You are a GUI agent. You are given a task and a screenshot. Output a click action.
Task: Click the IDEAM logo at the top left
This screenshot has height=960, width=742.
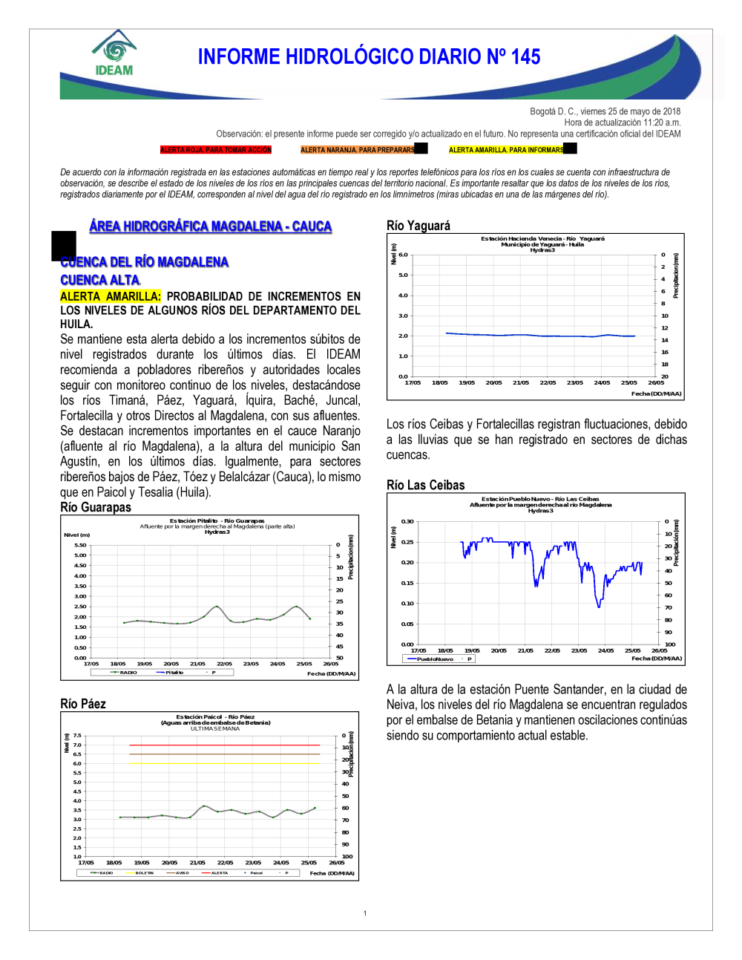coord(114,53)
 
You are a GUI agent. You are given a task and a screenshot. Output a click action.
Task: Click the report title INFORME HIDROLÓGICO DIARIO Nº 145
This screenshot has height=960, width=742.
coord(369,57)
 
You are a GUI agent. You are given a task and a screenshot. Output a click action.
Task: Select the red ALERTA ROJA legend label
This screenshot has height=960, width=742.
coord(216,150)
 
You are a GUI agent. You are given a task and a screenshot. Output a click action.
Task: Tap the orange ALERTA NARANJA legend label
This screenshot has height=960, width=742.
coord(358,150)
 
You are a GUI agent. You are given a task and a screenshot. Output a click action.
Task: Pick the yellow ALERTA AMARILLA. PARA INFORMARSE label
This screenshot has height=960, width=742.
coord(506,150)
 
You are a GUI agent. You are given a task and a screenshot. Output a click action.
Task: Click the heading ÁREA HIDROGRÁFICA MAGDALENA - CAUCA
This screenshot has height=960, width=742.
coord(210,226)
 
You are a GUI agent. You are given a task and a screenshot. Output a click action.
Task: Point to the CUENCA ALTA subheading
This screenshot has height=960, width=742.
coord(100,280)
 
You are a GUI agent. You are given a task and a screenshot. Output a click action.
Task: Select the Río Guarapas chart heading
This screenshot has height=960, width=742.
coord(96,507)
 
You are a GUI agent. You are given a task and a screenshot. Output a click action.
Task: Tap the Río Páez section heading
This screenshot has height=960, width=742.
coord(83,704)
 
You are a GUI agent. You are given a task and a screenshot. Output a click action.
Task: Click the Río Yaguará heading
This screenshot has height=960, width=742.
coord(418,226)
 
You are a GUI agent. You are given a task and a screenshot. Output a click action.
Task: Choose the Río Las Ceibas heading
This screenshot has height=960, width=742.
coord(426,485)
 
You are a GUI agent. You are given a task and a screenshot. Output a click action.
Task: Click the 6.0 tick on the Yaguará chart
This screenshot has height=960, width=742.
coord(403,255)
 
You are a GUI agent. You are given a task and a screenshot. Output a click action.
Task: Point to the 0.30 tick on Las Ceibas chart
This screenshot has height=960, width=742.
coord(407,521)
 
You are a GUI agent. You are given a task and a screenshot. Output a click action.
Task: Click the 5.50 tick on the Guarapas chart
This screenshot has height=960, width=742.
coord(80,545)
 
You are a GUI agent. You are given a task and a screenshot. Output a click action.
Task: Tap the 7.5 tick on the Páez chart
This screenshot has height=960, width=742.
coord(77,736)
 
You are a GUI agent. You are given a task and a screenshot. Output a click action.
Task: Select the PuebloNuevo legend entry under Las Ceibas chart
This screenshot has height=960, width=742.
coord(434,659)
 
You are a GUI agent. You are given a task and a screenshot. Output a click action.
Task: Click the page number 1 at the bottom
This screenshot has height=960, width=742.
coord(365,913)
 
